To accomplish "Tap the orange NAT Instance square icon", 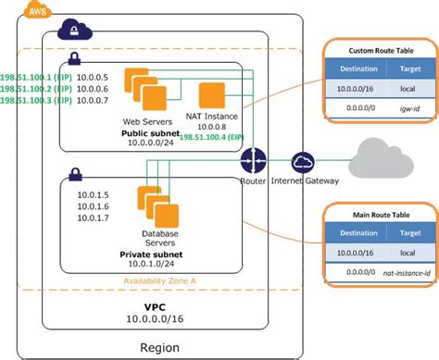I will (213, 95).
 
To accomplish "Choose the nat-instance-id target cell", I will (402, 273).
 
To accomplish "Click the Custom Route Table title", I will (381, 49).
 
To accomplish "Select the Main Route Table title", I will (381, 214).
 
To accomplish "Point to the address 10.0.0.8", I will (212, 126).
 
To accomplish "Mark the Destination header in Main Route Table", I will (357, 232).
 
